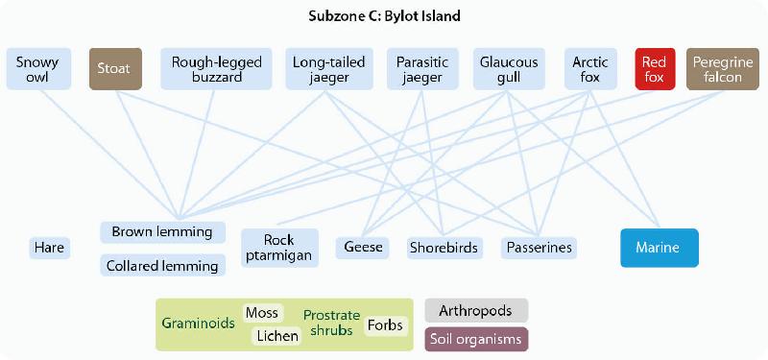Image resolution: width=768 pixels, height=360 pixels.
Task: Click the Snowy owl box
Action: pyautogui.click(x=37, y=69)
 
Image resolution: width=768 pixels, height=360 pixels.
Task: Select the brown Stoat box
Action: pyautogui.click(x=114, y=69)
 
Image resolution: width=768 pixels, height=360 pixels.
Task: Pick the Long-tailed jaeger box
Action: pyautogui.click(x=329, y=69)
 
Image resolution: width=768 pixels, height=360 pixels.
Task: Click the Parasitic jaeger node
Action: pyautogui.click(x=420, y=69)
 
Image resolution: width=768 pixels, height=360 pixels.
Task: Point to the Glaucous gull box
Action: pyautogui.click(x=509, y=69)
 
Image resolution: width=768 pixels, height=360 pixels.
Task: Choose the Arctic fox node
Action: pyautogui.click(x=590, y=69)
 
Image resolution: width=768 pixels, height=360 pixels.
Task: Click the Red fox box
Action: pyautogui.click(x=654, y=69)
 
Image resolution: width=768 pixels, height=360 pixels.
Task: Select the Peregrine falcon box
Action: pyautogui.click(x=717, y=69)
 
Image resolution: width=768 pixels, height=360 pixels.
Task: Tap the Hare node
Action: pyautogui.click(x=49, y=248)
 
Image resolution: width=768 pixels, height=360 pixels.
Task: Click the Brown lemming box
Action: pyautogui.click(x=162, y=232)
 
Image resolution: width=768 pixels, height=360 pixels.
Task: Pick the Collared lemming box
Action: pyautogui.click(x=162, y=265)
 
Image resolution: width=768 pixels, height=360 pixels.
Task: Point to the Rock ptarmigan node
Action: pyautogui.click(x=279, y=247)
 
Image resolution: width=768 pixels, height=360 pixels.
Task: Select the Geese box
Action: pyautogui.click(x=363, y=248)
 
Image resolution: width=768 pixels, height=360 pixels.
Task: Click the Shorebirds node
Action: pyautogui.click(x=444, y=248)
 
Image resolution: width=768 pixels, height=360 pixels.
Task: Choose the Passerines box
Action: pyautogui.click(x=539, y=248)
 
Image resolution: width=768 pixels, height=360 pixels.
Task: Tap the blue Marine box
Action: pyautogui.click(x=660, y=248)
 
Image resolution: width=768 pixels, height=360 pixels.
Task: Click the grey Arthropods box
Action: pyautogui.click(x=476, y=310)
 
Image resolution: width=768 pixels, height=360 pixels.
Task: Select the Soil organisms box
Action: pyautogui.click(x=476, y=339)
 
